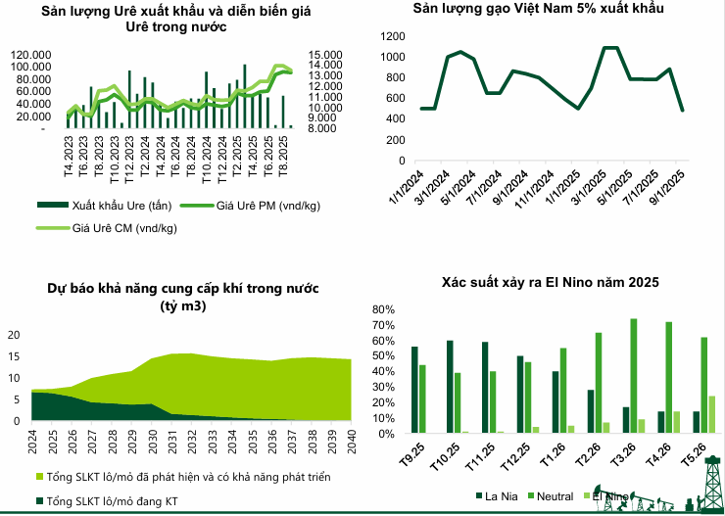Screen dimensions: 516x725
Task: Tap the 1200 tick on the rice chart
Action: tap(393, 35)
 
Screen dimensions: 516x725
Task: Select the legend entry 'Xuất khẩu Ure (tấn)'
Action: tap(119, 207)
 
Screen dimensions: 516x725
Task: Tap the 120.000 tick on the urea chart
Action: tap(35, 54)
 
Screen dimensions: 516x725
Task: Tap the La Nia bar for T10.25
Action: tap(450, 387)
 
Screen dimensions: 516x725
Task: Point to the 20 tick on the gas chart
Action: tap(14, 335)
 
